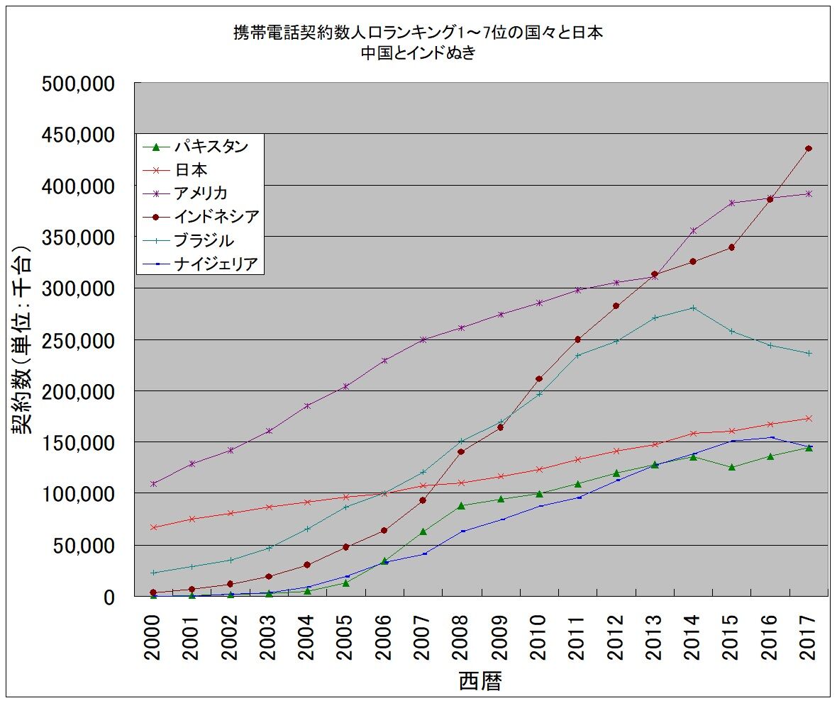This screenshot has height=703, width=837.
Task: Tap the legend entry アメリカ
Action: (x=201, y=193)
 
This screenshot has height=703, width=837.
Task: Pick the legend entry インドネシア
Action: (x=216, y=216)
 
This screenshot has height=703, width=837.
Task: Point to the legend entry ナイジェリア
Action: (x=216, y=264)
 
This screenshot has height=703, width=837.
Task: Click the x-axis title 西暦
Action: (x=481, y=682)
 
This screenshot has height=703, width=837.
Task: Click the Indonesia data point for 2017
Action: (x=809, y=148)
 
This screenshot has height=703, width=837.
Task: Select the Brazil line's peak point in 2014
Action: (x=693, y=308)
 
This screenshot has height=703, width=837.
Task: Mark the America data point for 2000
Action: (x=153, y=483)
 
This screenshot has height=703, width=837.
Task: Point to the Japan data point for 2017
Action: (x=809, y=418)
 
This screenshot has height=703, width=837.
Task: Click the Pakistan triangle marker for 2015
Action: (x=731, y=467)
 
